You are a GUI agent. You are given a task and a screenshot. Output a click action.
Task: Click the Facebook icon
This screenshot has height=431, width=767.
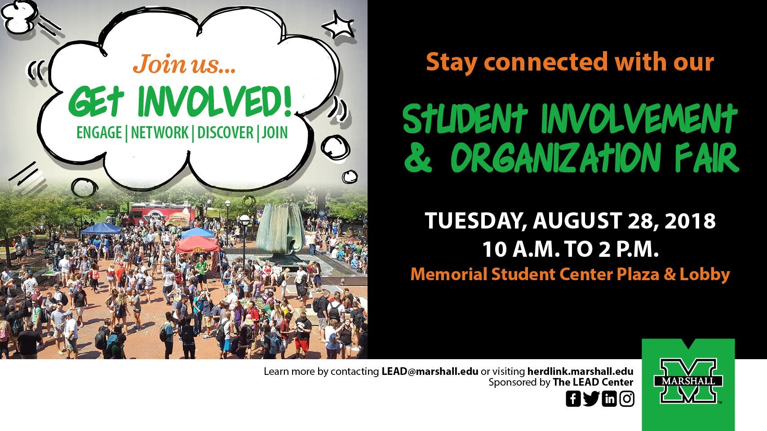pos(573,399)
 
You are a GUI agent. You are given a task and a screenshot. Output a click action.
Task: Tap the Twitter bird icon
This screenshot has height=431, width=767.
pos(591,399)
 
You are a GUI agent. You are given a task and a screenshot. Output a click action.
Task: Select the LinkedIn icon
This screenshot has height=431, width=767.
pos(609,399)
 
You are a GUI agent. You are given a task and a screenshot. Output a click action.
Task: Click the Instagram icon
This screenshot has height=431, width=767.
pos(627,399)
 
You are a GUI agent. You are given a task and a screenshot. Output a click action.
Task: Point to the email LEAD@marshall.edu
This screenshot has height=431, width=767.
pos(430,371)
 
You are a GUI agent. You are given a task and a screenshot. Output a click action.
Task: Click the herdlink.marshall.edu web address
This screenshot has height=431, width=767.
pos(581,371)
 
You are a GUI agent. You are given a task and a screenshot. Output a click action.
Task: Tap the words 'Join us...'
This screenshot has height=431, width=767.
pos(184,64)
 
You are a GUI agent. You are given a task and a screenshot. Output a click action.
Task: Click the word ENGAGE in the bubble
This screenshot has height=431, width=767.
pos(99,133)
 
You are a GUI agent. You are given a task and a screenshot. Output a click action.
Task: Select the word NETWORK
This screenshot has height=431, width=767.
pos(160,133)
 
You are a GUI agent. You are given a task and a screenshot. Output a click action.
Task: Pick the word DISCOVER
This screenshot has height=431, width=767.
pos(225,133)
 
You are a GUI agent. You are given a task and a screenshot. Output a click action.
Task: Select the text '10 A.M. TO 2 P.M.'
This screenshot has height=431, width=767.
pos(571,249)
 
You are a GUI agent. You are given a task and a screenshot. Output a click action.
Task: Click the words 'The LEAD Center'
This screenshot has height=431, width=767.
pos(593,383)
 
